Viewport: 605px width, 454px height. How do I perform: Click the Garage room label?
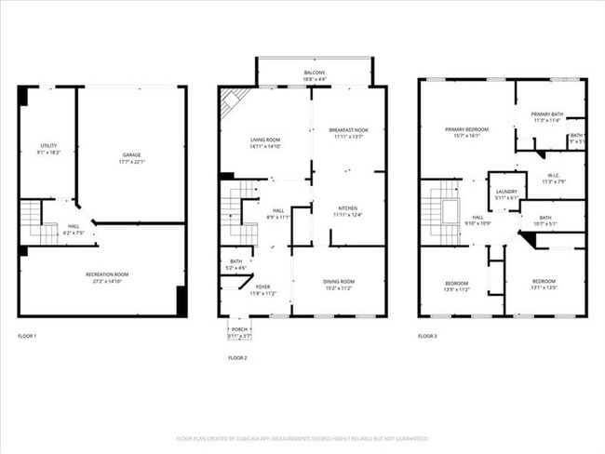130,158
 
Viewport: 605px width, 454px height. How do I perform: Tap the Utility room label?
48,146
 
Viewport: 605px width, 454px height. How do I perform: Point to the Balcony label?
315,73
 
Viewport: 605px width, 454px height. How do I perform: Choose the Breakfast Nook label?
347,134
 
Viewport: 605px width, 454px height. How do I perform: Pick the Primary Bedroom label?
466,130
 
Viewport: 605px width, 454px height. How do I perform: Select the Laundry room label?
506,193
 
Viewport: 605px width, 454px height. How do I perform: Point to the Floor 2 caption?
238,357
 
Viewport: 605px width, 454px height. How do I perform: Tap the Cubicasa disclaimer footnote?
302,438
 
